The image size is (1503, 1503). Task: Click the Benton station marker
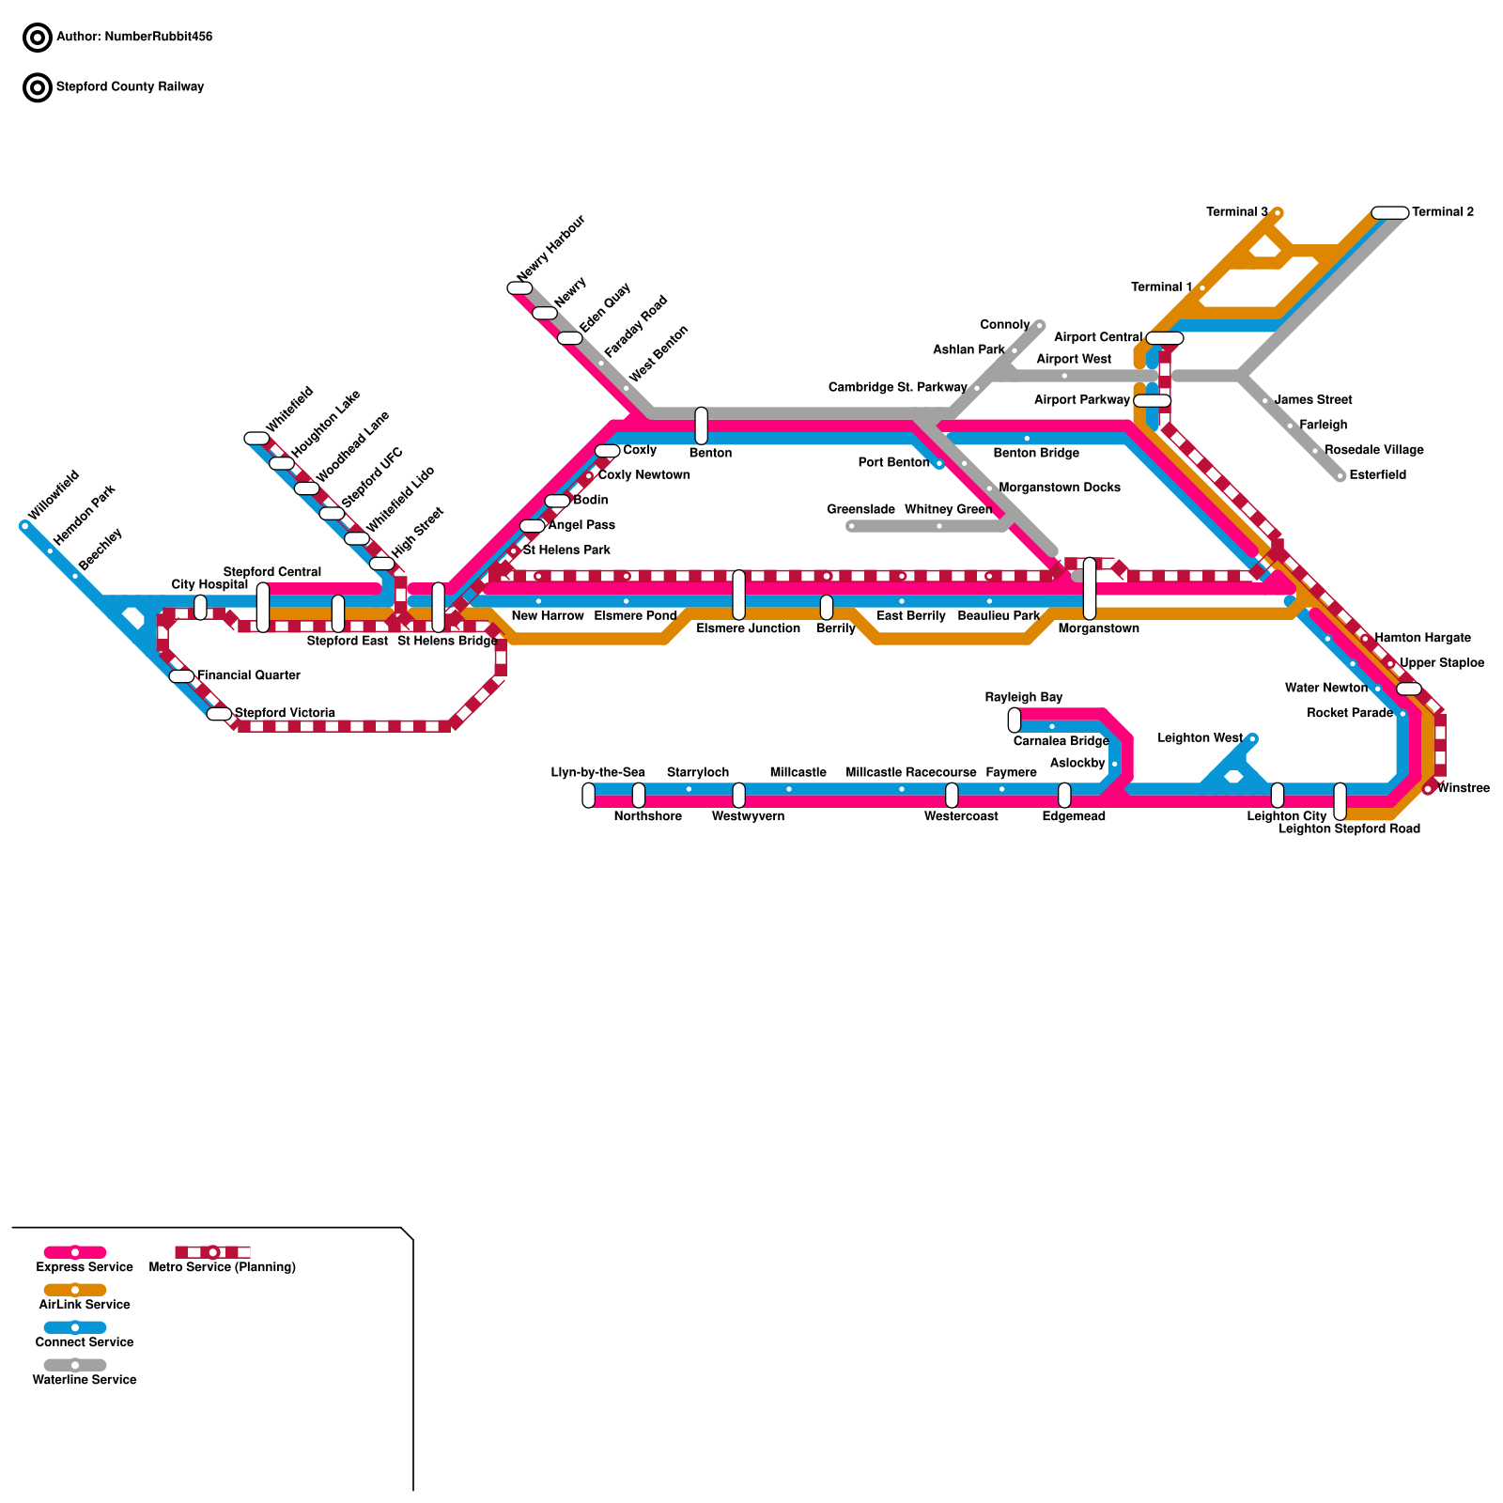pos(701,426)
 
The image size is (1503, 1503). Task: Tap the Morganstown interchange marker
pos(1089,589)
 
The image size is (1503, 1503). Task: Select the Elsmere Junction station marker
pos(738,595)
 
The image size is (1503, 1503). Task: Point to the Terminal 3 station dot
pos(1278,213)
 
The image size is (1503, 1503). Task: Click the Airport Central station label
pos(1097,337)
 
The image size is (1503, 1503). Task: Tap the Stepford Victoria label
pos(285,713)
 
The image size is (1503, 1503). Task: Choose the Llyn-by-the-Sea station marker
pos(588,796)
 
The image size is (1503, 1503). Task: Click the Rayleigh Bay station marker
pos(1014,721)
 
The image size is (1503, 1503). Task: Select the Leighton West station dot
pos(1252,738)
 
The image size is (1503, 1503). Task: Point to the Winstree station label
pos(1463,788)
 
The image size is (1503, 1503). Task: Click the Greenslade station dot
pos(851,526)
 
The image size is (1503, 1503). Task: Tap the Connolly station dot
pos(1040,325)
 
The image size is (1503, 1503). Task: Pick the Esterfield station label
pos(1377,475)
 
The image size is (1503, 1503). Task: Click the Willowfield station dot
pos(24,526)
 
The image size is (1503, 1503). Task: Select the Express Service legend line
pos(75,1252)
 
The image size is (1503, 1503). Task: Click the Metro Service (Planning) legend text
pos(223,1267)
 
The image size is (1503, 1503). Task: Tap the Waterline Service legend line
pos(75,1365)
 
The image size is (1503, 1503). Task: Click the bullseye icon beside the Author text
pos(38,38)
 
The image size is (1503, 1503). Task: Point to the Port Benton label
pos(893,462)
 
